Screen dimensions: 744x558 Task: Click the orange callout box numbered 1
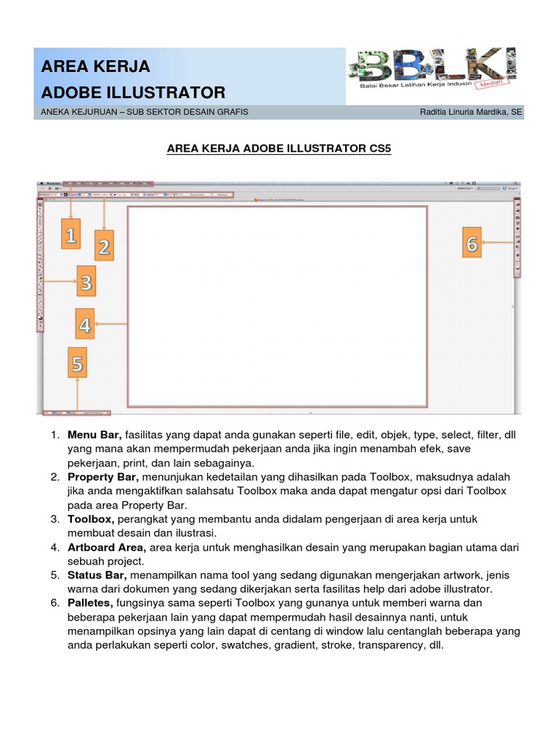pyautogui.click(x=70, y=236)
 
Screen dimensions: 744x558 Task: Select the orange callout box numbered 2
pyautogui.click(x=104, y=246)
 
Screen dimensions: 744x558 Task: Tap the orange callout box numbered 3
pyautogui.click(x=86, y=282)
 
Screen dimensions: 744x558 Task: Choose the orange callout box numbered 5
pyautogui.click(x=77, y=363)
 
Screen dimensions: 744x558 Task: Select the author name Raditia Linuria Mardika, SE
pyautogui.click(x=471, y=112)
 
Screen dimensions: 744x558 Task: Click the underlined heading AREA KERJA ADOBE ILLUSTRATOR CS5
pyautogui.click(x=278, y=149)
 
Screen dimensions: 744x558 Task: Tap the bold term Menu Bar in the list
pyautogui.click(x=94, y=435)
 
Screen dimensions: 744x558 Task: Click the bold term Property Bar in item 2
pyautogui.click(x=102, y=477)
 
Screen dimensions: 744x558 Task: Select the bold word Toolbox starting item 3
pyautogui.click(x=91, y=519)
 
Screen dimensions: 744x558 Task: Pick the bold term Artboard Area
pyautogui.click(x=107, y=547)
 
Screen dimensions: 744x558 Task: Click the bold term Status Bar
pyautogui.click(x=98, y=575)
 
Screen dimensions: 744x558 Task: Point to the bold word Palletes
pyautogui.click(x=92, y=603)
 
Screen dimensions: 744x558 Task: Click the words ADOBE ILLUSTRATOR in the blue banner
pyautogui.click(x=133, y=93)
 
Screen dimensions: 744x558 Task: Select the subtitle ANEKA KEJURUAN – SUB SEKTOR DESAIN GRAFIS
pyautogui.click(x=145, y=112)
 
